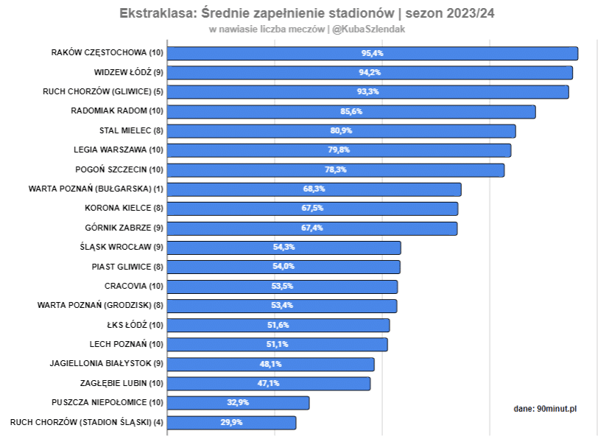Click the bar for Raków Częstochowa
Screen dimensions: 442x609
point(373,53)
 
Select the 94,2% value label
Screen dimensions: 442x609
point(370,72)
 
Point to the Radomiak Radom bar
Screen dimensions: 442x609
point(351,111)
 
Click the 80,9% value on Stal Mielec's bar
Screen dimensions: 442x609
point(341,130)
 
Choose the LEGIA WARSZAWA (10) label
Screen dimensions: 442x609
point(115,150)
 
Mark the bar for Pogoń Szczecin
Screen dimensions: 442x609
point(336,169)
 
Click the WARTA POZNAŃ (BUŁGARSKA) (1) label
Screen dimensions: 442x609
point(96,189)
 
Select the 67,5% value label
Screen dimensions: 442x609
point(312,208)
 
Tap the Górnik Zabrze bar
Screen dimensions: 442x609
point(312,228)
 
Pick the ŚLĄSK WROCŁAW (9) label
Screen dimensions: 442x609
point(122,248)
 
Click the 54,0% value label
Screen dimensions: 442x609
point(284,267)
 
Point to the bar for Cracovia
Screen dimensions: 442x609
point(283,287)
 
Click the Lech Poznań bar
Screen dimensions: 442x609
point(278,344)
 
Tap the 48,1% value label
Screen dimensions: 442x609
point(271,364)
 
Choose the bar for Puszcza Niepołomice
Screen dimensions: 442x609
point(239,403)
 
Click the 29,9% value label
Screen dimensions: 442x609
point(232,422)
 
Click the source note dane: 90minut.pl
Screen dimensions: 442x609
point(545,408)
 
